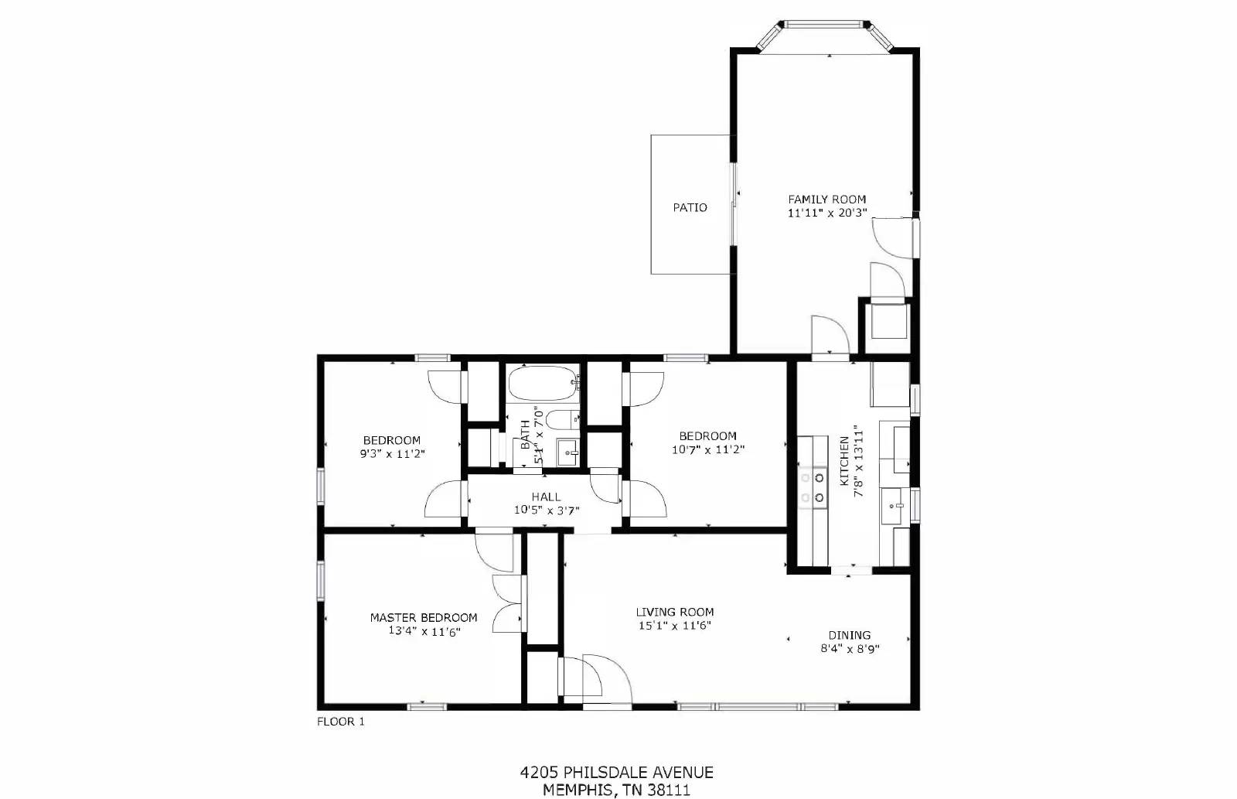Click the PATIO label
[x=690, y=207]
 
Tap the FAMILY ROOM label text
[x=826, y=199]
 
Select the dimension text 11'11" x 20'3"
[x=826, y=213]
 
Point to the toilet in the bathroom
[x=559, y=420]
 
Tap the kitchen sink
[x=897, y=506]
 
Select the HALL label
[x=546, y=497]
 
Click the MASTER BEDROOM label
[x=423, y=617]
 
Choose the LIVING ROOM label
[x=674, y=612]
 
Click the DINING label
[x=849, y=635]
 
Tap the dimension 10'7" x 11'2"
[x=707, y=449]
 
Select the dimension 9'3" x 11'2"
[x=392, y=454]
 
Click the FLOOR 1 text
[x=340, y=722]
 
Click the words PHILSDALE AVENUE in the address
[x=638, y=772]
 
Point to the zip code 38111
[x=666, y=790]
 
